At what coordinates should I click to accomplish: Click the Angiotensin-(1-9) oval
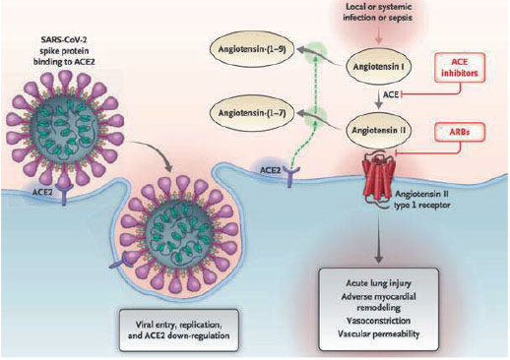point(252,49)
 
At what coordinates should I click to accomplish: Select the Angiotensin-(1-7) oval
point(252,113)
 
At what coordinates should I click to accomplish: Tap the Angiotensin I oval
point(378,67)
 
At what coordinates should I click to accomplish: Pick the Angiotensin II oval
point(378,131)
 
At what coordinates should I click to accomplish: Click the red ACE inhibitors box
point(459,68)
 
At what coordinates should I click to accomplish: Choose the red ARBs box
point(459,132)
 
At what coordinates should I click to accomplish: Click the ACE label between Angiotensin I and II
point(391,95)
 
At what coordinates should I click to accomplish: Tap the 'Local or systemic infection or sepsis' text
point(377,12)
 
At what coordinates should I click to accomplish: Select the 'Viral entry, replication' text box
point(179,330)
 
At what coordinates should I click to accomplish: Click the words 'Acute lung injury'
point(378,283)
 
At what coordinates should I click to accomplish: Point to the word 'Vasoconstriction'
point(378,321)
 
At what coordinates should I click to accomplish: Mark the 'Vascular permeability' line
point(378,334)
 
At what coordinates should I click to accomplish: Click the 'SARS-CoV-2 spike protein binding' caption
point(64,50)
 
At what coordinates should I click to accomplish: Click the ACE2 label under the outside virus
point(42,192)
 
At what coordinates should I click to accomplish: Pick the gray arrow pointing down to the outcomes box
point(379,239)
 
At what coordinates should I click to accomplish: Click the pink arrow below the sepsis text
point(379,35)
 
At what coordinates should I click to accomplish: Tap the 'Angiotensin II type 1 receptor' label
point(422,200)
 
